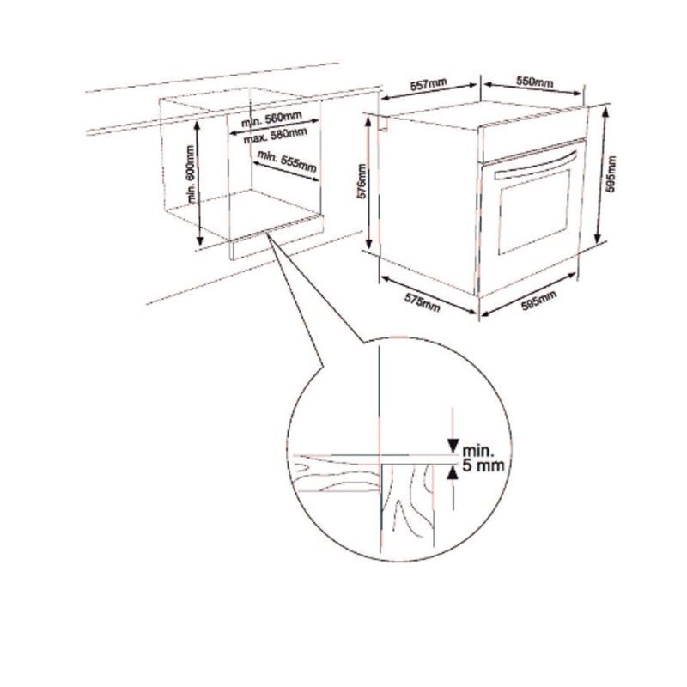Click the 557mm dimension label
[x=428, y=86]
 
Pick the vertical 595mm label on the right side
[x=611, y=178]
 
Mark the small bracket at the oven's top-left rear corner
[x=384, y=126]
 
